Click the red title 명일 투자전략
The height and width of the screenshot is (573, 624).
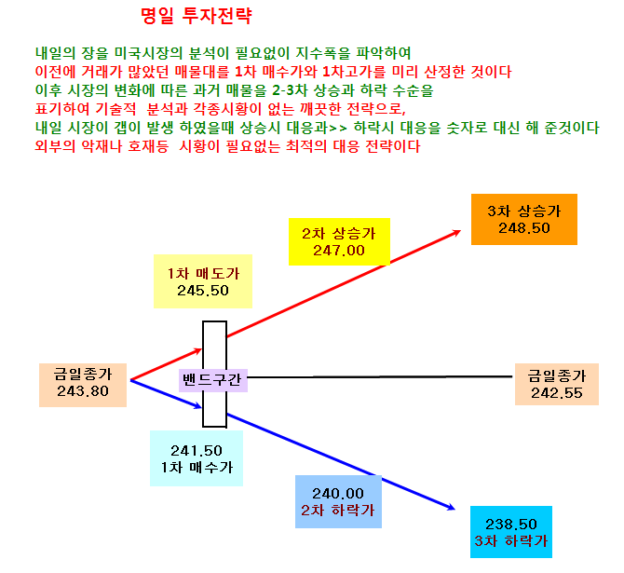coord(197,17)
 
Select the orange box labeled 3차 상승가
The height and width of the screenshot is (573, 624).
coord(524,219)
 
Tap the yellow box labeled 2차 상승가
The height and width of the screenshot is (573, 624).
coord(339,241)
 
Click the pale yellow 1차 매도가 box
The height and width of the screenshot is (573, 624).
coord(203,281)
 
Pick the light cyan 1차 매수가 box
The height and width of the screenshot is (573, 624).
coord(197,458)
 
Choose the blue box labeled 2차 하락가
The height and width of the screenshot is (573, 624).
coord(338,501)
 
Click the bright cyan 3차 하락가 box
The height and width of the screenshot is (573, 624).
coord(511,532)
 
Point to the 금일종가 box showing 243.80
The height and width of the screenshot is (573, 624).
coord(83,385)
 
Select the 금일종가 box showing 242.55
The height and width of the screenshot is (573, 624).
coord(557,384)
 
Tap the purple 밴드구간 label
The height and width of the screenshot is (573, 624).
coord(213,380)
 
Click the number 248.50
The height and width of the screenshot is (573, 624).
coord(524,228)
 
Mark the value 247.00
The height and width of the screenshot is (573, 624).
coord(339,251)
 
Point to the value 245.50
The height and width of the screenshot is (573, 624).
coord(203,291)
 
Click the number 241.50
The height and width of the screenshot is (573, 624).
coord(197,451)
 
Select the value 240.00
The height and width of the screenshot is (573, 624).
coord(338,494)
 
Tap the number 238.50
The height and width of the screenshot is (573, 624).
coord(511,525)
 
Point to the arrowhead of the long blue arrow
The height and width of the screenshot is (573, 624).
coord(452,507)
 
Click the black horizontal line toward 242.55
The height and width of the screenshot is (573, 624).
coord(380,376)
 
